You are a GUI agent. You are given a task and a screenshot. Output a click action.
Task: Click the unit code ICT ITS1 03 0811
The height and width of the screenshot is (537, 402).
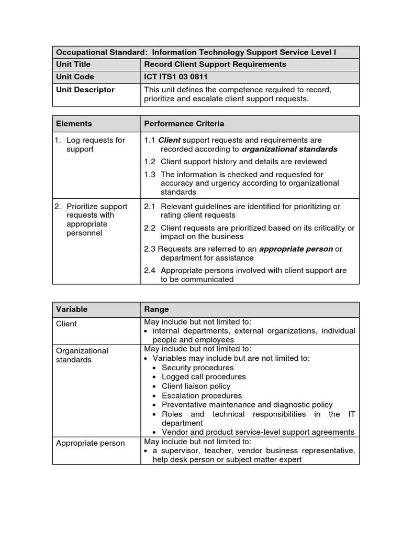pyautogui.click(x=179, y=77)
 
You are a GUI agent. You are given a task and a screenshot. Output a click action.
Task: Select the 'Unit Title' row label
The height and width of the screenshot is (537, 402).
pyautogui.click(x=73, y=65)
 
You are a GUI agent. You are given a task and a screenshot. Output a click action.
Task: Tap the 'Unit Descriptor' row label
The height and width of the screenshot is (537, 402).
pyautogui.click(x=85, y=90)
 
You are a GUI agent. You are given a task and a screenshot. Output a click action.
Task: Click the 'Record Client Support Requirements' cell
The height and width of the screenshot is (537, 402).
pyautogui.click(x=215, y=65)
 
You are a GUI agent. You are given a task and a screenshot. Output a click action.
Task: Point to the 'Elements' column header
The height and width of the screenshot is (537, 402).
pyautogui.click(x=74, y=124)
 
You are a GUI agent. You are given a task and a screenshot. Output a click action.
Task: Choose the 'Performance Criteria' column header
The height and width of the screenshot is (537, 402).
pyautogui.click(x=184, y=124)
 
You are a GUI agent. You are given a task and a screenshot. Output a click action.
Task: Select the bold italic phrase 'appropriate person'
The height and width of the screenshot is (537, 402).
pyautogui.click(x=296, y=249)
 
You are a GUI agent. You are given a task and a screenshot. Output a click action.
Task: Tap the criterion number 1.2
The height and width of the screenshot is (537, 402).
pyautogui.click(x=150, y=162)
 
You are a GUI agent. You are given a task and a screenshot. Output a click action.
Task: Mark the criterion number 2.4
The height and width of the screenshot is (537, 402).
pyautogui.click(x=150, y=271)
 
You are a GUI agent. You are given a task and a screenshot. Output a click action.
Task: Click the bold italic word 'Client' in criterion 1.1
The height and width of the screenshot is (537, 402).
pyautogui.click(x=169, y=141)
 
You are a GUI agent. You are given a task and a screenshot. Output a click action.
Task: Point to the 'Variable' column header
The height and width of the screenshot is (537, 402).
pyautogui.click(x=72, y=309)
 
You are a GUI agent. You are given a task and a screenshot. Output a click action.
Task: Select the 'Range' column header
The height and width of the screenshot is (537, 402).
pyautogui.click(x=157, y=309)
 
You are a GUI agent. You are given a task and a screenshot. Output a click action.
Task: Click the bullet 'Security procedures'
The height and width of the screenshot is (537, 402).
pyautogui.click(x=197, y=368)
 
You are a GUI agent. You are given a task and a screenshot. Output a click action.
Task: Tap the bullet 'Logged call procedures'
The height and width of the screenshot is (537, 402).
pyautogui.click(x=203, y=377)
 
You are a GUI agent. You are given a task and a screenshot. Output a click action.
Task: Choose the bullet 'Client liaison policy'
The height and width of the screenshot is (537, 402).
pyautogui.click(x=196, y=386)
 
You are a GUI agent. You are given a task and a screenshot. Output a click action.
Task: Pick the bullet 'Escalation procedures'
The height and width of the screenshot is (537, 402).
pyautogui.click(x=202, y=396)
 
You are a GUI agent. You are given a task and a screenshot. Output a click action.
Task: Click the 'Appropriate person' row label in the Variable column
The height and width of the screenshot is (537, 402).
pyautogui.click(x=91, y=443)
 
